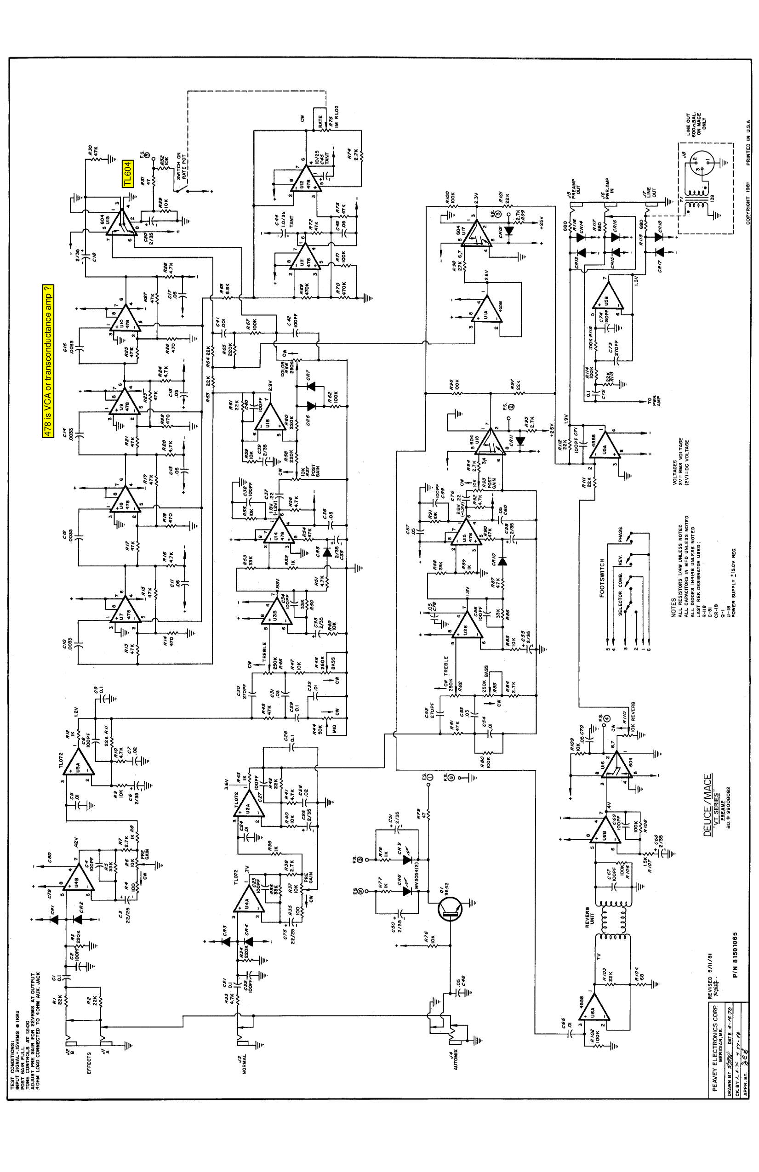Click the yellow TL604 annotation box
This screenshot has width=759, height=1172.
tap(127, 174)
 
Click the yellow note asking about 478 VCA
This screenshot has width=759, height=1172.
tap(48, 361)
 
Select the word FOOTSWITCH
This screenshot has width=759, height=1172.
tap(601, 578)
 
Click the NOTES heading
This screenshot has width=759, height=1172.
tap(673, 608)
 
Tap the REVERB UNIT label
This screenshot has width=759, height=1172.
tap(589, 917)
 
